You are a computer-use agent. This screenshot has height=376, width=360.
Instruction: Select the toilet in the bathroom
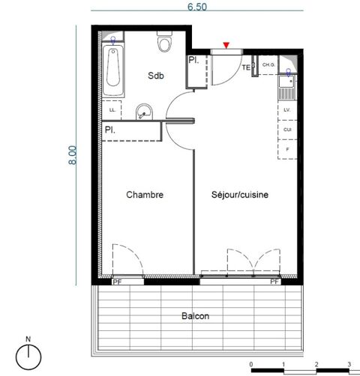[164, 43]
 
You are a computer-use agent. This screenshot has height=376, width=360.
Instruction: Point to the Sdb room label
[155, 76]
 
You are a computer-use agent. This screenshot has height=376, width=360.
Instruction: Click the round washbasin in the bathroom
[145, 112]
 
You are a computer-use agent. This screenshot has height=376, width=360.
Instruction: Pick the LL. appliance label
[112, 110]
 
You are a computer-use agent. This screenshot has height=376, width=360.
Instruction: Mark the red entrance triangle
[227, 46]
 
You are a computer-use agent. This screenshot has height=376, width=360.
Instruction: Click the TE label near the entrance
[245, 68]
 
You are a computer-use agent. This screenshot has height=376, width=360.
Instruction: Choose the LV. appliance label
[286, 110]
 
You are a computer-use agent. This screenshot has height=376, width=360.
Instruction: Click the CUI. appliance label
[286, 130]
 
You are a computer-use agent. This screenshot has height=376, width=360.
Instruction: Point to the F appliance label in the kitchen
[286, 149]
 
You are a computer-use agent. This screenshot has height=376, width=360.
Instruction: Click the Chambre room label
[145, 195]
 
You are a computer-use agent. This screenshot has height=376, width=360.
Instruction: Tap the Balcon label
[195, 317]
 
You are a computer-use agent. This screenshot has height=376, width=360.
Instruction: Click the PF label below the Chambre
[117, 282]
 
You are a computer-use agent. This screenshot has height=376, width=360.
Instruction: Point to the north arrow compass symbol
[28, 355]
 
